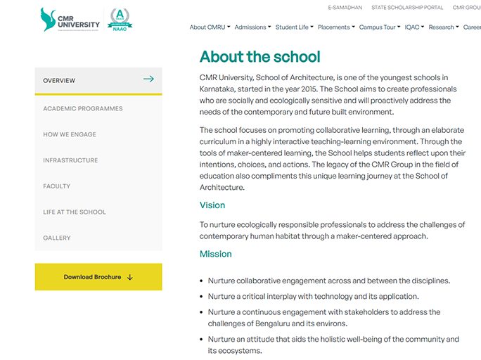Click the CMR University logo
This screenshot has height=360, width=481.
pyautogui.click(x=70, y=20)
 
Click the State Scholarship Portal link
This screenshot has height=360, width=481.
pyautogui.click(x=408, y=8)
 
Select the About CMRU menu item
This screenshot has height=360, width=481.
pyautogui.click(x=210, y=27)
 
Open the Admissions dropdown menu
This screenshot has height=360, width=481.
pyautogui.click(x=252, y=27)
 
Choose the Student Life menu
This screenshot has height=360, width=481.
pyautogui.click(x=294, y=27)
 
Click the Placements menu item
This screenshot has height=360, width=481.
pyautogui.click(x=335, y=27)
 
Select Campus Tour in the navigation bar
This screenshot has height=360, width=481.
pyautogui.click(x=379, y=27)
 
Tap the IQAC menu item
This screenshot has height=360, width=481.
pyautogui.click(x=413, y=27)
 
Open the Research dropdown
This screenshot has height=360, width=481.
pyautogui.click(x=443, y=27)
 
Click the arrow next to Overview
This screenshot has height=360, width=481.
pyautogui.click(x=148, y=79)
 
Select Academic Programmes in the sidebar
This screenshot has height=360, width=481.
pyautogui.click(x=83, y=108)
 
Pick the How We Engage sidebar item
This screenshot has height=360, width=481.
pyautogui.click(x=70, y=134)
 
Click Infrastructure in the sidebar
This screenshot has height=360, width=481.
pyautogui.click(x=70, y=160)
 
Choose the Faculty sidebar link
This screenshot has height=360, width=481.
pyautogui.click(x=57, y=186)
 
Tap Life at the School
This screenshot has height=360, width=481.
pyautogui.click(x=75, y=212)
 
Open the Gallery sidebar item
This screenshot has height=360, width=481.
pyautogui.click(x=57, y=238)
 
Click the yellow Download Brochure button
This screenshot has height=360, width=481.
pyautogui.click(x=98, y=277)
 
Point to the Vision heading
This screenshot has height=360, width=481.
pyautogui.click(x=212, y=205)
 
